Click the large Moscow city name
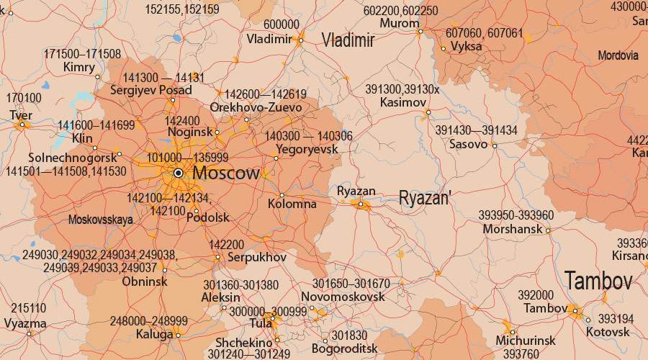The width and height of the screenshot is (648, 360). click(226, 174)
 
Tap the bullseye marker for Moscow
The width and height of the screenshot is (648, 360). click(178, 173)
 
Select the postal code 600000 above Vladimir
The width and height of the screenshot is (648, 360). click(281, 25)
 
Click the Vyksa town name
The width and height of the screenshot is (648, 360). click(466, 47)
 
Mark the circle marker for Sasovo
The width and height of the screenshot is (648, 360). click(494, 145)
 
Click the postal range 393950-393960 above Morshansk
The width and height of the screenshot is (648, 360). click(516, 216)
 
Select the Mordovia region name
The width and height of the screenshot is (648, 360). click(618, 55)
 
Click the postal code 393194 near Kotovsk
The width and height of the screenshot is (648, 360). click(616, 318)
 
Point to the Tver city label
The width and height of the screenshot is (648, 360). click(21, 115)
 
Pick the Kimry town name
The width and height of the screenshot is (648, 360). click(79, 67)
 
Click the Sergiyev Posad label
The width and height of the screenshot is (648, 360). click(150, 91)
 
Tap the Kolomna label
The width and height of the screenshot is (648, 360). click(292, 204)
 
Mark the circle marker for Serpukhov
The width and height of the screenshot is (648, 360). click(217, 257)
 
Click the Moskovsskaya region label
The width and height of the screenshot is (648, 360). click(101, 220)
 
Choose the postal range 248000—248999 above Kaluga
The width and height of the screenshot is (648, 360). click(148, 321)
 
